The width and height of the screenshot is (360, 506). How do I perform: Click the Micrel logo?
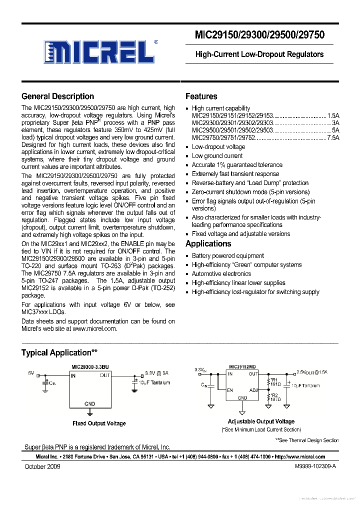tap(98, 50)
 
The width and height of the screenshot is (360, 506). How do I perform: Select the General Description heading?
tap(57, 96)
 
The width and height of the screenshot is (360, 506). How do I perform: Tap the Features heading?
tap(201, 96)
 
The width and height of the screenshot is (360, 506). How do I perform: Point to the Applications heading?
tap(208, 244)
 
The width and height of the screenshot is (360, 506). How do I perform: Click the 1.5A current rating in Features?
tap(333, 115)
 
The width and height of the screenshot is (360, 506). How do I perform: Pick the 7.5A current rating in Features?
tap(333, 137)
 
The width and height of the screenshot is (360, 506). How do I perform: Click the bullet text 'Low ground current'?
tap(217, 156)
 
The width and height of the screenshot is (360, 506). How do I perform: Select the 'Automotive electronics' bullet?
tap(221, 274)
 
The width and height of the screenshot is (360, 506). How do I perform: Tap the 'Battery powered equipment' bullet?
tap(227, 256)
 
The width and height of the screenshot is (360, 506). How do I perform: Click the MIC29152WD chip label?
tap(242, 366)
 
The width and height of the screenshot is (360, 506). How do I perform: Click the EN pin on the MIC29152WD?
tap(230, 390)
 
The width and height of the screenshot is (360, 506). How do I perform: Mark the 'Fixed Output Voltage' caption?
tap(99, 423)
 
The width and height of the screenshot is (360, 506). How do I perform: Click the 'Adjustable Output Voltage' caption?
tap(261, 421)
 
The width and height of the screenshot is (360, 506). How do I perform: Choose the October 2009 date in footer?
tap(42, 466)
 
